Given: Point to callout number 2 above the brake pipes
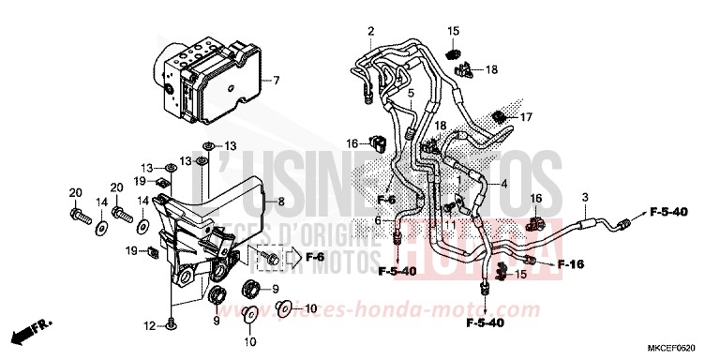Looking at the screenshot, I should [370, 33].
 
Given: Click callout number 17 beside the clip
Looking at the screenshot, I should [526, 117].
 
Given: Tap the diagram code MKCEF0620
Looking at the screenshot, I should [674, 344].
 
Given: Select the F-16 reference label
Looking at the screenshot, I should [571, 264].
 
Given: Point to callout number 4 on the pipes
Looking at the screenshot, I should [504, 185].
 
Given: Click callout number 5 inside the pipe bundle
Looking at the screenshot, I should [410, 95].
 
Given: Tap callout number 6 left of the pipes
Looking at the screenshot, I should [378, 220].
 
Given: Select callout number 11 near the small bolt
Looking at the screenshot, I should [451, 225].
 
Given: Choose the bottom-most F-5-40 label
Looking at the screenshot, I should [486, 323].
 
